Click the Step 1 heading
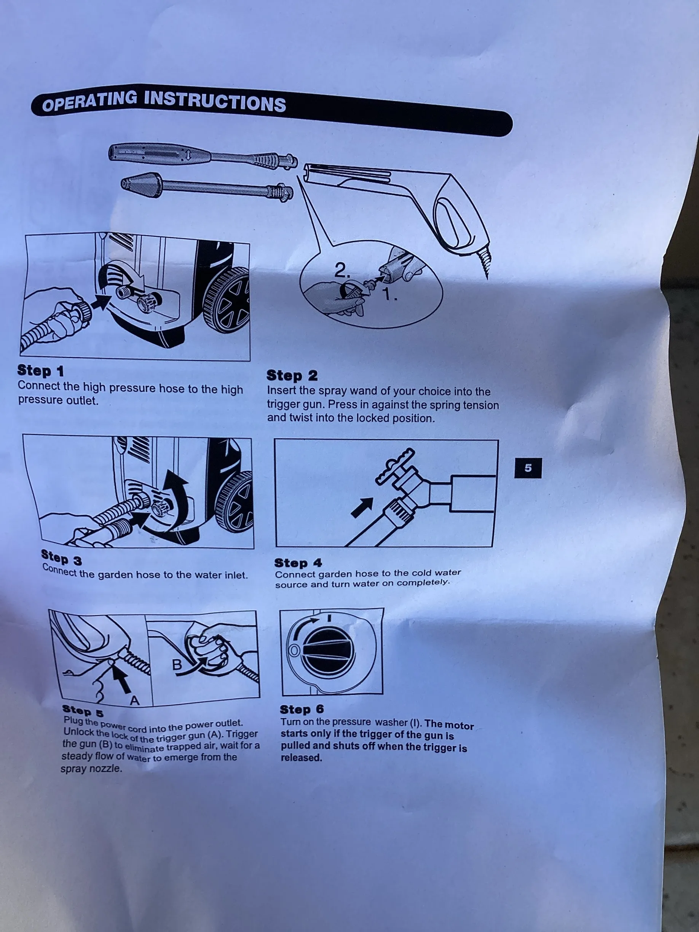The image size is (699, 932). pos(40,371)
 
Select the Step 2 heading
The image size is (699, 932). pos(292,375)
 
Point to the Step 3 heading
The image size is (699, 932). pos(62,557)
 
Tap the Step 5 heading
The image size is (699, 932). pos(83,711)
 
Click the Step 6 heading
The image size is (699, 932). pos(302,709)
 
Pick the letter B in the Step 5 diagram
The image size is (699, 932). pos(177,665)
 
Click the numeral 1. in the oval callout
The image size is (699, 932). pos(390,295)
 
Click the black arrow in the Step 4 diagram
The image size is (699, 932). pos(362,507)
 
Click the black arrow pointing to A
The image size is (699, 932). pos(121,678)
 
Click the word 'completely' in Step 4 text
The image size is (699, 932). pos(423,583)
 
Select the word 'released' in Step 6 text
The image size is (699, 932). pos(301,758)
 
